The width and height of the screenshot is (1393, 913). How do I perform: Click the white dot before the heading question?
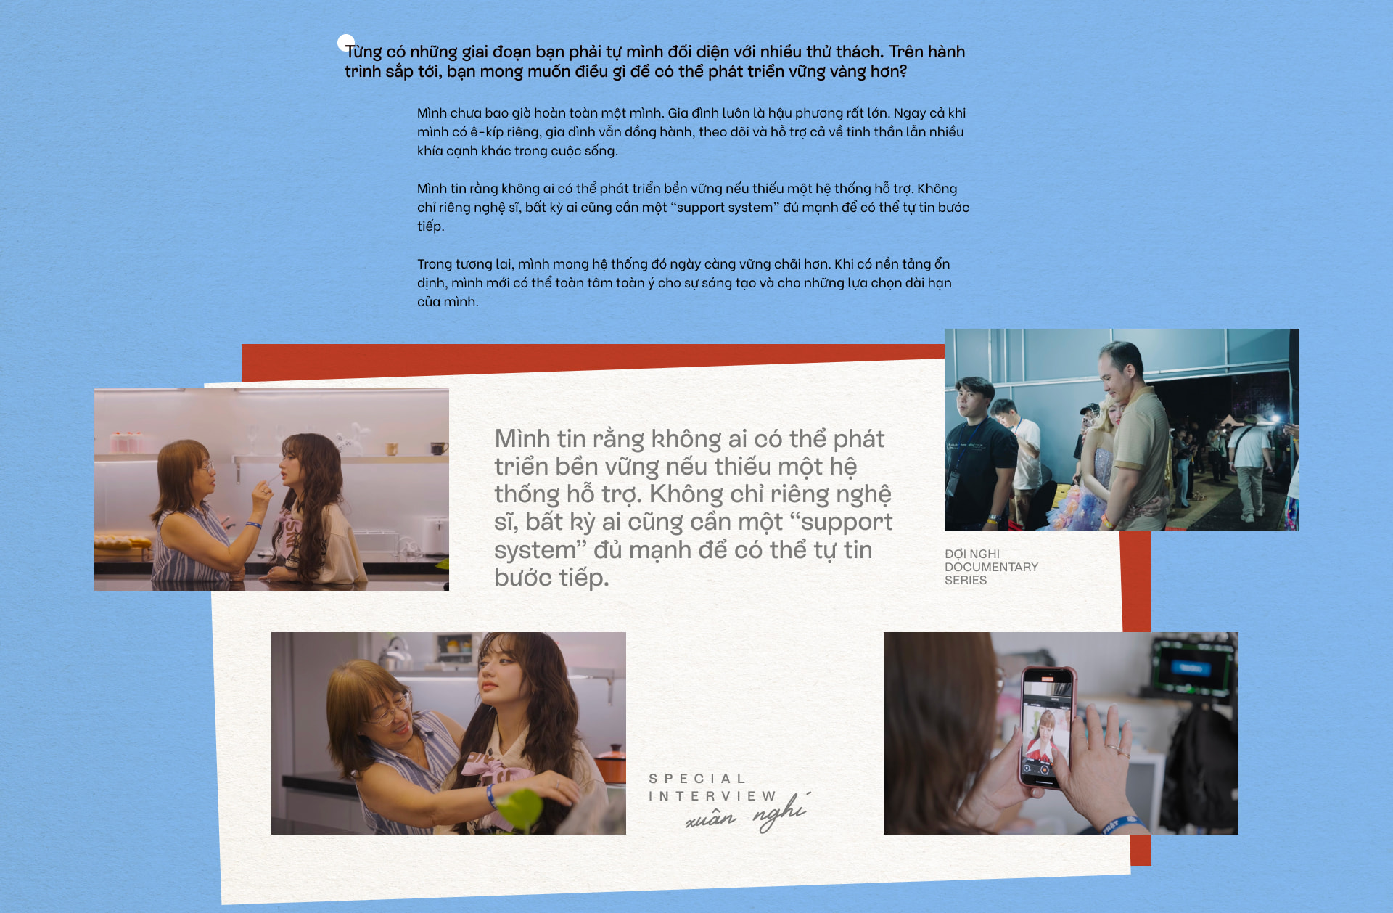346,43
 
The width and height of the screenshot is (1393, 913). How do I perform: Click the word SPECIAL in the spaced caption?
696,779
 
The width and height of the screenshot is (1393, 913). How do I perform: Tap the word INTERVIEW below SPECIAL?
712,796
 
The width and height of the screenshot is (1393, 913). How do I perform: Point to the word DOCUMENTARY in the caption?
991,567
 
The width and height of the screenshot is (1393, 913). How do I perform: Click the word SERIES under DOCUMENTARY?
965,580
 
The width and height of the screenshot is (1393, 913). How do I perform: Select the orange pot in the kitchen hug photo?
611,763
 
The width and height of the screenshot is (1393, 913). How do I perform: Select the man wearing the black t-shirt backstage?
979,450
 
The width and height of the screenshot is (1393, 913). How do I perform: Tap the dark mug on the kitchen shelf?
438,449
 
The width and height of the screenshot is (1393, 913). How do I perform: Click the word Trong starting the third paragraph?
434,264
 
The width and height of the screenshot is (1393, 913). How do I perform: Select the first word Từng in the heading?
363,52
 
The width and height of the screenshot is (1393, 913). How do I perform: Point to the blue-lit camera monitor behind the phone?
1190,666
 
